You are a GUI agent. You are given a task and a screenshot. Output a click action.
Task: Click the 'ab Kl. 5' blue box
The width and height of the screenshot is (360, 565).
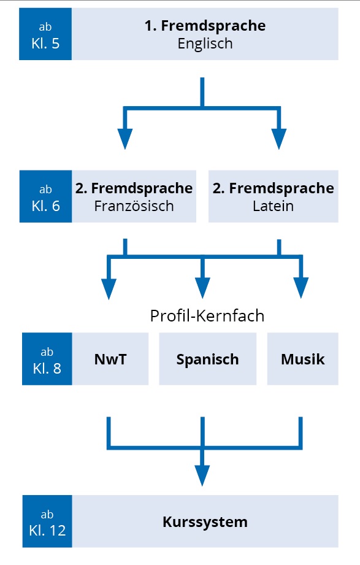click(x=45, y=34)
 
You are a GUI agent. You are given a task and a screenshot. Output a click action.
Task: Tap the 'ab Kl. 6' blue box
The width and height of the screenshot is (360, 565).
click(x=46, y=196)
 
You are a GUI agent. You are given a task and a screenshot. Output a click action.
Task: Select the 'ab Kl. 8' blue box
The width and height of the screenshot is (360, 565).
click(x=47, y=359)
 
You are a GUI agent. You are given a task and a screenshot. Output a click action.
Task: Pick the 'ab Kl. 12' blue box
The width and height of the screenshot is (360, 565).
click(x=47, y=521)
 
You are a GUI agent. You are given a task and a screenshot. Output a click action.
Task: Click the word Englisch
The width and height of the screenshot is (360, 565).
click(x=205, y=44)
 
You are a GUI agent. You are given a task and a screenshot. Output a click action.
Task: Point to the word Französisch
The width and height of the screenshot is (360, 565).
click(x=134, y=206)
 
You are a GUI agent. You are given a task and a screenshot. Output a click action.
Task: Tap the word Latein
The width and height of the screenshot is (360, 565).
click(x=273, y=206)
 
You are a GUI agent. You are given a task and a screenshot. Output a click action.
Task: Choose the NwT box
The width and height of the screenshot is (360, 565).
click(x=110, y=359)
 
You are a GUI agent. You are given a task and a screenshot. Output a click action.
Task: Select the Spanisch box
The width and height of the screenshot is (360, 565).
click(x=207, y=359)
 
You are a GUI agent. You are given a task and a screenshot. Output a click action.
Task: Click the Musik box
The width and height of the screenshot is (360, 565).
click(x=303, y=359)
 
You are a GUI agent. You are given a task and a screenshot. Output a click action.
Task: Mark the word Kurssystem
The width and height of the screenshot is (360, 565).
click(x=205, y=522)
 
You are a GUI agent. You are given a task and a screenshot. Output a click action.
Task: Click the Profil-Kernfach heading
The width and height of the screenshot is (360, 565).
click(x=207, y=316)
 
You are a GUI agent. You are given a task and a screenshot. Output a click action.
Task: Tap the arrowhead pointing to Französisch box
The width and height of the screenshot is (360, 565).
click(x=125, y=139)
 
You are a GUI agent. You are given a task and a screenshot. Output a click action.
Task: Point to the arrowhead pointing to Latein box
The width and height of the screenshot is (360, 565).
click(x=279, y=139)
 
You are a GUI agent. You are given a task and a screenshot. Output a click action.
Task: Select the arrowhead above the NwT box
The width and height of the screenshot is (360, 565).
click(x=109, y=289)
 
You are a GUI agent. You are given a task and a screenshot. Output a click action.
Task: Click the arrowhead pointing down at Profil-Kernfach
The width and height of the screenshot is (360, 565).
click(x=202, y=288)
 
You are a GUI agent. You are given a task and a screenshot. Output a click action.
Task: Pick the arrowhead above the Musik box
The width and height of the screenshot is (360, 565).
click(x=301, y=288)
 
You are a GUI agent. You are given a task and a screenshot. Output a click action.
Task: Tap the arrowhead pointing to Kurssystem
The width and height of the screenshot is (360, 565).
click(x=202, y=475)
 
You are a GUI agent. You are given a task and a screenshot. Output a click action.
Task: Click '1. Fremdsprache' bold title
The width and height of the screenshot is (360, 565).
click(x=205, y=26)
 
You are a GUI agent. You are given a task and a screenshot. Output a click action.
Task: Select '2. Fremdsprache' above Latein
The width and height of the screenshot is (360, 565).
click(x=273, y=188)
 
